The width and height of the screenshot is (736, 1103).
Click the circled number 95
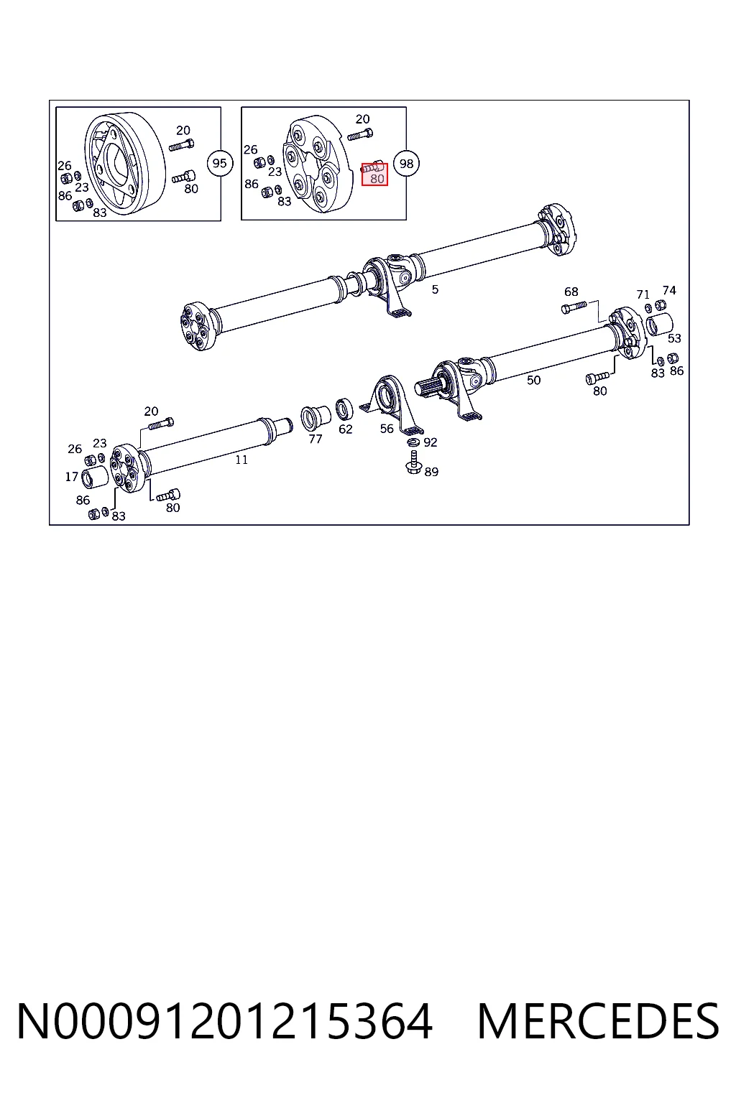tap(219, 163)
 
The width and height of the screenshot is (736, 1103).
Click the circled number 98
tap(406, 164)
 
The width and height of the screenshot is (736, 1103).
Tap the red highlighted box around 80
tap(374, 174)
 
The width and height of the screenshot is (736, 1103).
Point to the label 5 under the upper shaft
tap(435, 289)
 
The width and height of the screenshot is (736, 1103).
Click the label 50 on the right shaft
tap(533, 380)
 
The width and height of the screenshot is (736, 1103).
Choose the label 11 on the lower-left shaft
tap(241, 460)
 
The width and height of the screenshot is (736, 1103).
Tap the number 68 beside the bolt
tap(571, 292)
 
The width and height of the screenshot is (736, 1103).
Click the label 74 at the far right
tap(669, 291)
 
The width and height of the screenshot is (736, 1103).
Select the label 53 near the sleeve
tap(674, 338)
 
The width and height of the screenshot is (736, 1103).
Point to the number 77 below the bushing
tap(315, 439)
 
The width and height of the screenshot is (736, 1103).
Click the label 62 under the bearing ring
tap(345, 429)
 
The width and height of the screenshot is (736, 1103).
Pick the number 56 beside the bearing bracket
tap(387, 429)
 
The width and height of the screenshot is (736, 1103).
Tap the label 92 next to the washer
tap(430, 442)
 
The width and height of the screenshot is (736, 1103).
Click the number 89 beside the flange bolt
tap(431, 472)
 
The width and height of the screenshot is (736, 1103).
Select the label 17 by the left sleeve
tap(71, 477)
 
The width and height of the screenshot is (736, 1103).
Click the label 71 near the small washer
tap(643, 294)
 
